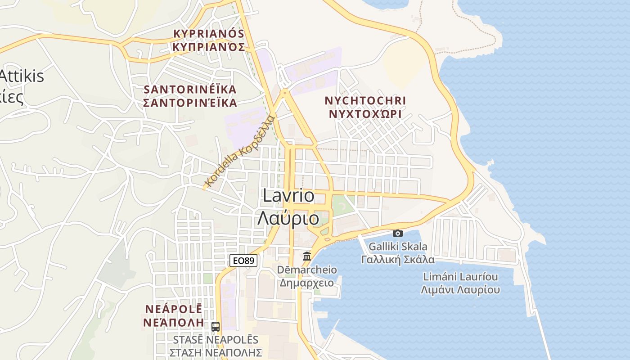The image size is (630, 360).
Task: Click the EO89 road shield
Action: click(x=243, y=260)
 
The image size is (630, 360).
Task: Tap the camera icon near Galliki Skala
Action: click(x=398, y=233)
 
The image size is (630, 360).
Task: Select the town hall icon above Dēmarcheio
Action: click(x=307, y=256)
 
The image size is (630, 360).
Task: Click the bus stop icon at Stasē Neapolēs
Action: click(x=216, y=326)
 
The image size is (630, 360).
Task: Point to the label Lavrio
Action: click(x=288, y=196)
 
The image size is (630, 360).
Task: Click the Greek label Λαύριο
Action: click(x=288, y=219)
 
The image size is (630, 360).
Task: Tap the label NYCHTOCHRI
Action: click(x=365, y=100)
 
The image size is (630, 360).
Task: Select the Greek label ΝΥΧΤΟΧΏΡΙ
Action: click(x=365, y=114)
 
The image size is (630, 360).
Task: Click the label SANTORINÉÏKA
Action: click(x=190, y=89)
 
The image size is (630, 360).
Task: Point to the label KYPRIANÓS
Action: click(x=209, y=34)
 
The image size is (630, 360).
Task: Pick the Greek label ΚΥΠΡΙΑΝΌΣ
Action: click(x=209, y=47)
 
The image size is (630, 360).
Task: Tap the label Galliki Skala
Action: click(x=398, y=247)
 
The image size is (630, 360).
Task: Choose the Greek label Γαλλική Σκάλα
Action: click(x=398, y=260)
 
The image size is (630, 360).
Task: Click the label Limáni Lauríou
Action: click(x=460, y=276)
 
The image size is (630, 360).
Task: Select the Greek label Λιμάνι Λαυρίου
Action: click(x=460, y=290)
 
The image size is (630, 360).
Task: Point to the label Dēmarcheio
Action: click(x=307, y=270)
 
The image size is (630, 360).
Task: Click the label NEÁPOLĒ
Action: click(x=174, y=309)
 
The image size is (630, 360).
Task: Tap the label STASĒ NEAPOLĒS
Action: click(x=216, y=339)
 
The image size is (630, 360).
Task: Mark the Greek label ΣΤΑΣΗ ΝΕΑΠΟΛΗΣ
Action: click(x=216, y=352)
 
